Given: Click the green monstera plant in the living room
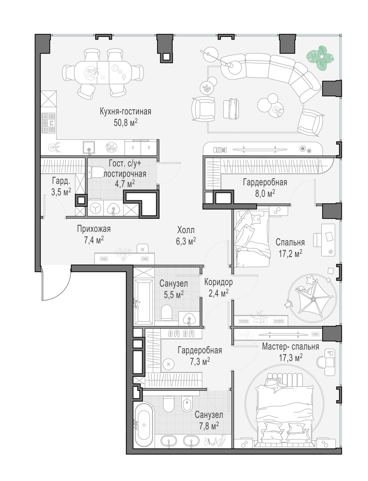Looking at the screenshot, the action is click(x=320, y=58).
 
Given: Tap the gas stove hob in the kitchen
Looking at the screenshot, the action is click(x=48, y=123).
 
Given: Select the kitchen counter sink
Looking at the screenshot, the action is click(x=89, y=147).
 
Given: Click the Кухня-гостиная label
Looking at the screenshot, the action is click(x=126, y=111).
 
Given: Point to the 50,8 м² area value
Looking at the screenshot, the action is click(x=126, y=122).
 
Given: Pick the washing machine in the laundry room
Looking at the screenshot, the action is click(x=96, y=208).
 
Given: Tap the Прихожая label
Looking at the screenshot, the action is click(x=94, y=229).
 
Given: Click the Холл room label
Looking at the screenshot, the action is click(x=186, y=230).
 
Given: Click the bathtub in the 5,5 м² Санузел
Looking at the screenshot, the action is click(x=144, y=302).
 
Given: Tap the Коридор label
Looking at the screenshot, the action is click(x=218, y=282).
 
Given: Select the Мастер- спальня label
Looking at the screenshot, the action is click(x=290, y=347).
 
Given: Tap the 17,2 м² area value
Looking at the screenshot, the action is click(x=290, y=254).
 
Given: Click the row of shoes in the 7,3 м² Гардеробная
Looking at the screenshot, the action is click(x=181, y=333).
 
